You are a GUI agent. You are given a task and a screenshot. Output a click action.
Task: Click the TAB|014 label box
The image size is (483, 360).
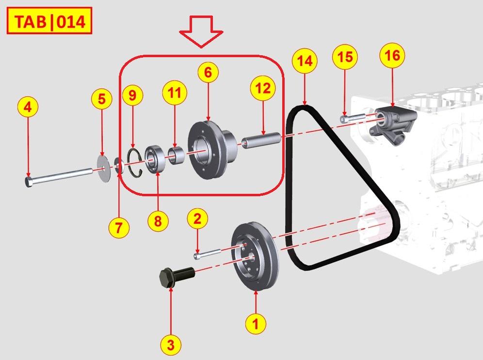[49, 21]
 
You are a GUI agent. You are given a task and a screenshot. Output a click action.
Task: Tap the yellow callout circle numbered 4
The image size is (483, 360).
[28, 107]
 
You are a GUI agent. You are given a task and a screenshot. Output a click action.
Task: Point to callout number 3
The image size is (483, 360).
[170, 345]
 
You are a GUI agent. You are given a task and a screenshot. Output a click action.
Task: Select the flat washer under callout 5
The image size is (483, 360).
[102, 163]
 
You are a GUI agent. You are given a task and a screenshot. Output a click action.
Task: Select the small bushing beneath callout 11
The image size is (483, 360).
[176, 155]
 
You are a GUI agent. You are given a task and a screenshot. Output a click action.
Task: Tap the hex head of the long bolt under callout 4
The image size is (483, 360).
[29, 182]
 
